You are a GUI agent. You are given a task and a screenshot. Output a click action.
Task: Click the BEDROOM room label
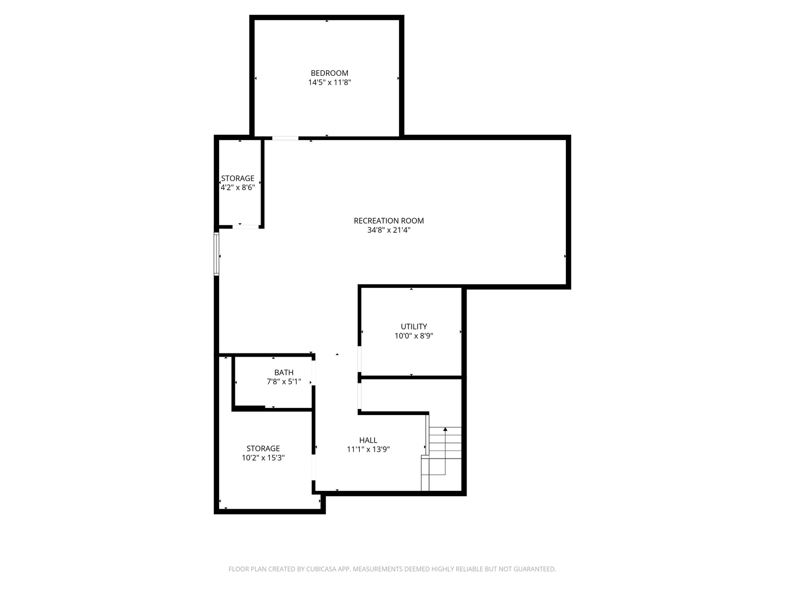tap(329, 73)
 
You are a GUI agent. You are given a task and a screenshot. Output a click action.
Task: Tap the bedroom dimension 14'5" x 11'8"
tap(329, 82)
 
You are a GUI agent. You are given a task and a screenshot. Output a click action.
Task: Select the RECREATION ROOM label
tap(389, 221)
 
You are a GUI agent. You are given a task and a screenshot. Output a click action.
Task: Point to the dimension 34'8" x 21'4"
tap(389, 230)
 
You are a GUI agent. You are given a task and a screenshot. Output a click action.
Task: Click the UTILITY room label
tap(414, 327)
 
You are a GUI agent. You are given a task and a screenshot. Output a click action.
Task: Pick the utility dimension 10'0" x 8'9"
tap(414, 336)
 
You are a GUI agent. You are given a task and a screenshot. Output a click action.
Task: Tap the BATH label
tap(284, 372)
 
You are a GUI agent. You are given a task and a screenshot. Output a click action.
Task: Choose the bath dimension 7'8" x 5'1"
tap(284, 382)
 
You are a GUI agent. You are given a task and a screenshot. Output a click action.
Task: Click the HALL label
tap(368, 440)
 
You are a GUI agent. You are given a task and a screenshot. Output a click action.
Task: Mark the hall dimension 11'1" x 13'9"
tap(368, 449)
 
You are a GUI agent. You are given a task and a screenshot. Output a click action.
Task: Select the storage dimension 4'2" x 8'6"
tap(238, 188)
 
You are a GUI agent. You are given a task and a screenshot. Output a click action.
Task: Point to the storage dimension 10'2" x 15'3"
tap(263, 458)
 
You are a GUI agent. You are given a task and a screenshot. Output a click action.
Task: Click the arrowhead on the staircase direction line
tap(445, 429)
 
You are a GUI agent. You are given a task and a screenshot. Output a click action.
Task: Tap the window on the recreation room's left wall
tap(216, 254)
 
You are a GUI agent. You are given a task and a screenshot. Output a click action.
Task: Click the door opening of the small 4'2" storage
tap(245, 227)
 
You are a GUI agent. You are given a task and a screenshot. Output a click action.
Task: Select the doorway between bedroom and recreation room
tap(285, 138)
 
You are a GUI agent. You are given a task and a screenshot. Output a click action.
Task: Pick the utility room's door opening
tap(359, 359)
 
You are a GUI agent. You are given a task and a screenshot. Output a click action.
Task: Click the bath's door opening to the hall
tap(313, 372)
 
